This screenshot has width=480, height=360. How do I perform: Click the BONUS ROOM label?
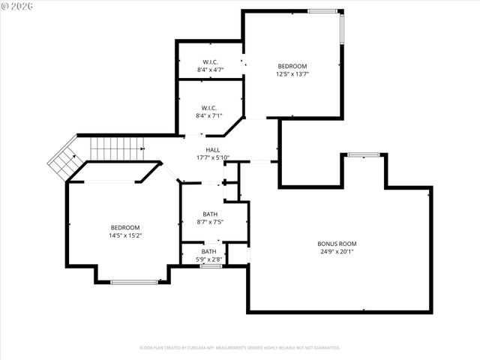[337, 244]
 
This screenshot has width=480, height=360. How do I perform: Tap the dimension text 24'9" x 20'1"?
[337, 252]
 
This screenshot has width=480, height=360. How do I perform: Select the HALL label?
[213, 150]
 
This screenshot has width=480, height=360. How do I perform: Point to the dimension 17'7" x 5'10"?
[213, 157]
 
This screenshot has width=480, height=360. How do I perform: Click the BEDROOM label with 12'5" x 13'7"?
[292, 66]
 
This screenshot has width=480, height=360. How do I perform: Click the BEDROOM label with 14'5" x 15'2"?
[125, 227]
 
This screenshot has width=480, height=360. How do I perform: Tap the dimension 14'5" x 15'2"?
[125, 235]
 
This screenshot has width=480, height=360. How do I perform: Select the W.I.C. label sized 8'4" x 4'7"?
[210, 61]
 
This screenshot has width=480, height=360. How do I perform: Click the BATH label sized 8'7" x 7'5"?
[210, 214]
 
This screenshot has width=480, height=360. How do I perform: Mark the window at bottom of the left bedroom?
[134, 282]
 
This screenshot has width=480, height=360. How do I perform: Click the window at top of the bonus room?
[363, 154]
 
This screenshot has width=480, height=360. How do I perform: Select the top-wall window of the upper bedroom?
[322, 10]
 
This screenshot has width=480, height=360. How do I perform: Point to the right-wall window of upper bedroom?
[342, 29]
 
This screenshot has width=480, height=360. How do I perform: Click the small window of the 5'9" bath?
[211, 265]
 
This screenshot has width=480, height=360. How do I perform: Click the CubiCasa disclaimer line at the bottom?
[240, 348]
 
